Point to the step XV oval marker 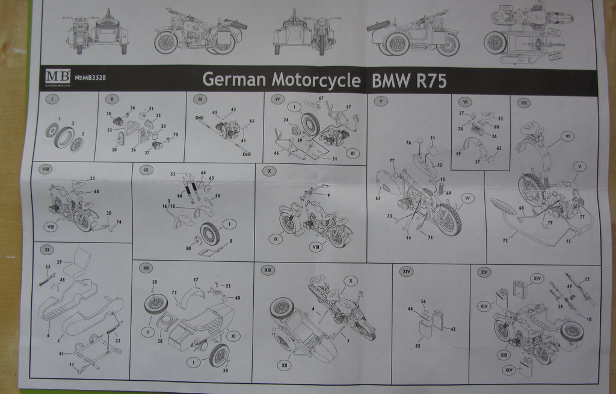pos(484,271)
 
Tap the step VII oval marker pos(523,103)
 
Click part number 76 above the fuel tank pos(408,142)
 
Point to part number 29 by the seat pos(59,262)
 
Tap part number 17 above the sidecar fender pos(196,280)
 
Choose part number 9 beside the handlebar pos(328,195)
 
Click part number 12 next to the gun pos(588,280)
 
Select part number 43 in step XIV pos(417,347)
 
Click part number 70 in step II pos(175,135)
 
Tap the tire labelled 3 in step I pos(63,138)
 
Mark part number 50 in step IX pos(188,247)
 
